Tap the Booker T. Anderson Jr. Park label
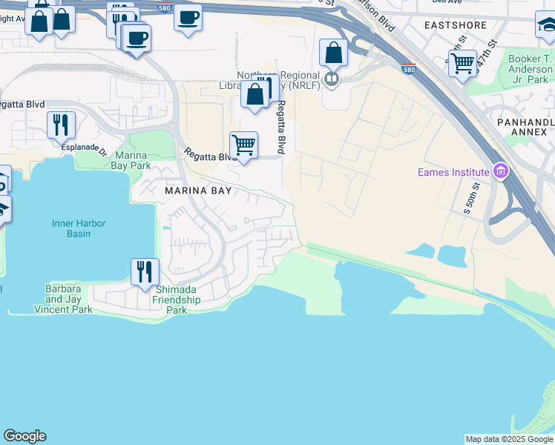(x=530, y=69)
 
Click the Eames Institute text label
(x=453, y=173)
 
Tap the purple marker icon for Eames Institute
(x=501, y=173)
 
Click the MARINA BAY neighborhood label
(x=197, y=191)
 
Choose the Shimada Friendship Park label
(x=177, y=300)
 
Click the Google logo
(x=24, y=436)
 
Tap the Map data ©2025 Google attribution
(x=509, y=439)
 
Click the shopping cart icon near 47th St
(x=462, y=63)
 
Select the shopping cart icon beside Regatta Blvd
(x=243, y=145)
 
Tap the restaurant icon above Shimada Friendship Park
(x=145, y=271)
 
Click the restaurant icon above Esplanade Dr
(x=60, y=124)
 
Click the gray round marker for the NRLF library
(x=332, y=78)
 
